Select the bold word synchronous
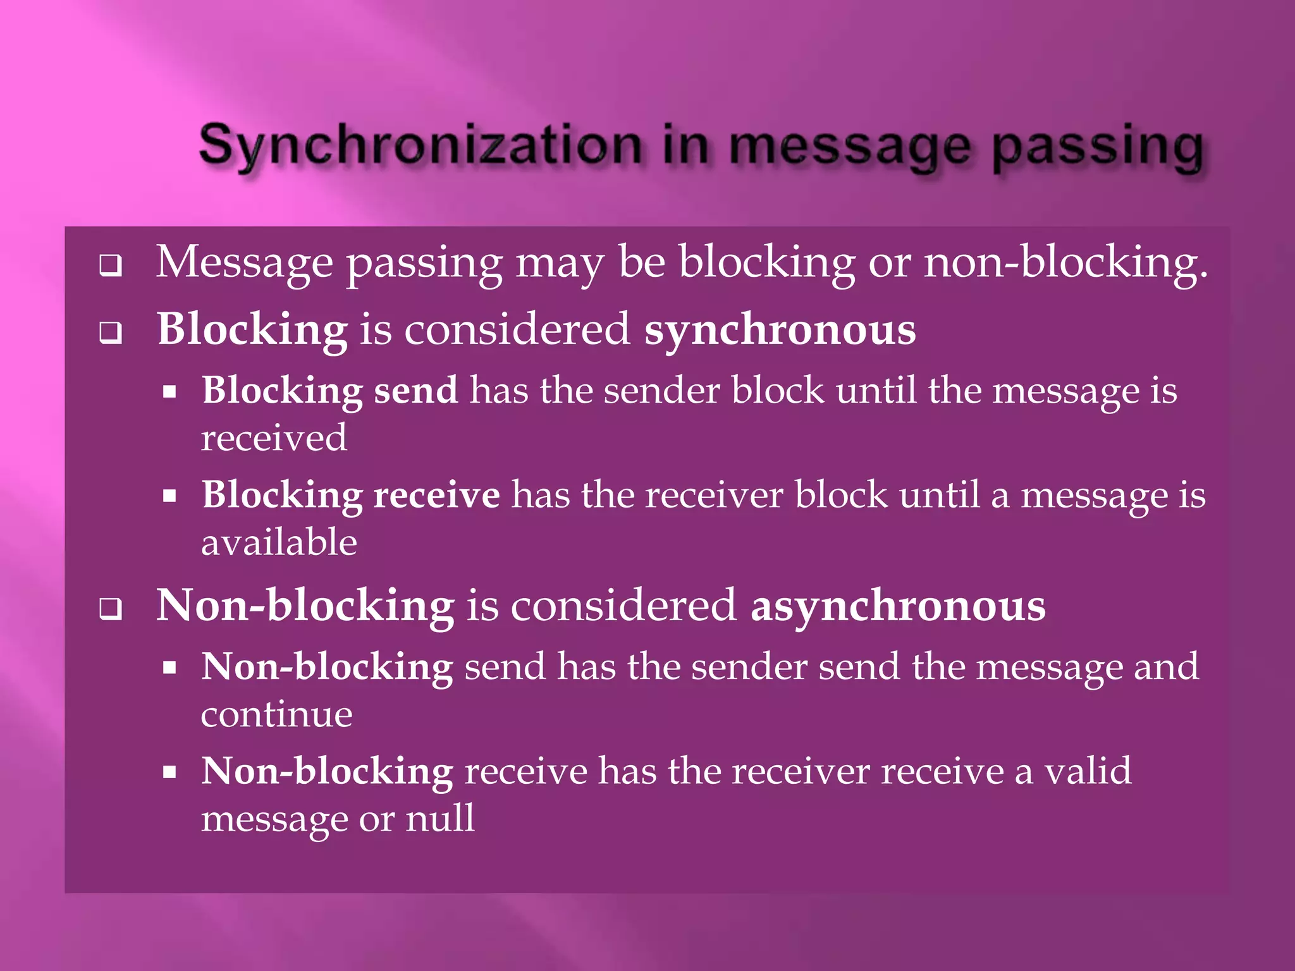coord(780,329)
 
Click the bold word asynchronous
coord(898,606)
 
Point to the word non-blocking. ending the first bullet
coord(1065,262)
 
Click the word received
coord(274,437)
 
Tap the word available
coord(279,542)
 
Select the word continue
coord(276,714)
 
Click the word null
coord(439,818)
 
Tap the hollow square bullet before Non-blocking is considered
coord(111,609)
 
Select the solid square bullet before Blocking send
coord(169,392)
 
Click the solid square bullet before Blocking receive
coord(169,496)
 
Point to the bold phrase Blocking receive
coord(351,494)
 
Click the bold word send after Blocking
coord(415,390)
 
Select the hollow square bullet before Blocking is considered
coord(111,333)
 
